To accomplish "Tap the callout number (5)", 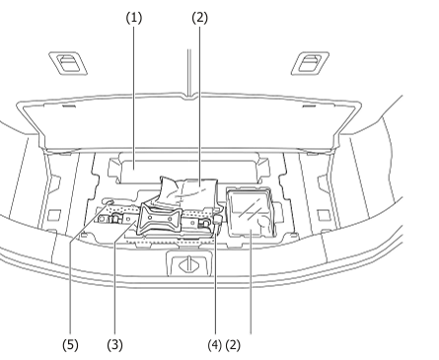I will point(70,345).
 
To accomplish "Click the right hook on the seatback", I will point(307,64).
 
